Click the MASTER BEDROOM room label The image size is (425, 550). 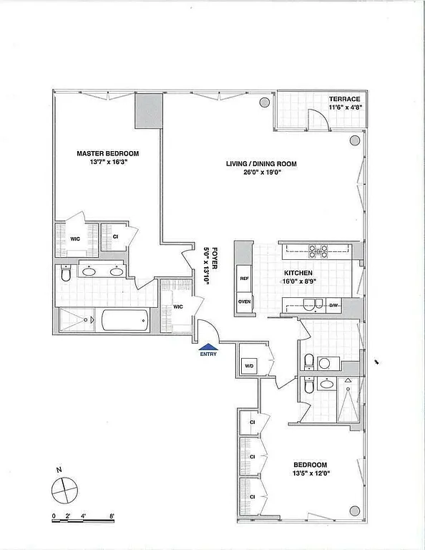(108, 154)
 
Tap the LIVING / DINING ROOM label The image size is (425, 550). (261, 164)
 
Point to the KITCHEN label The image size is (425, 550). (298, 274)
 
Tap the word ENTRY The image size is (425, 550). (207, 354)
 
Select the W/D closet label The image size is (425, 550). (249, 365)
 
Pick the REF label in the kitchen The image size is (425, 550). (244, 279)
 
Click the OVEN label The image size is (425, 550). (244, 302)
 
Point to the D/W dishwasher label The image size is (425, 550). (333, 306)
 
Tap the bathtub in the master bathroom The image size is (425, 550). (124, 319)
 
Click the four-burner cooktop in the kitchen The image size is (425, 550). (318, 251)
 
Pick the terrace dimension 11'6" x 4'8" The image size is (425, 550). (346, 107)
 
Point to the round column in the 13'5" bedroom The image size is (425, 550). (353, 510)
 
